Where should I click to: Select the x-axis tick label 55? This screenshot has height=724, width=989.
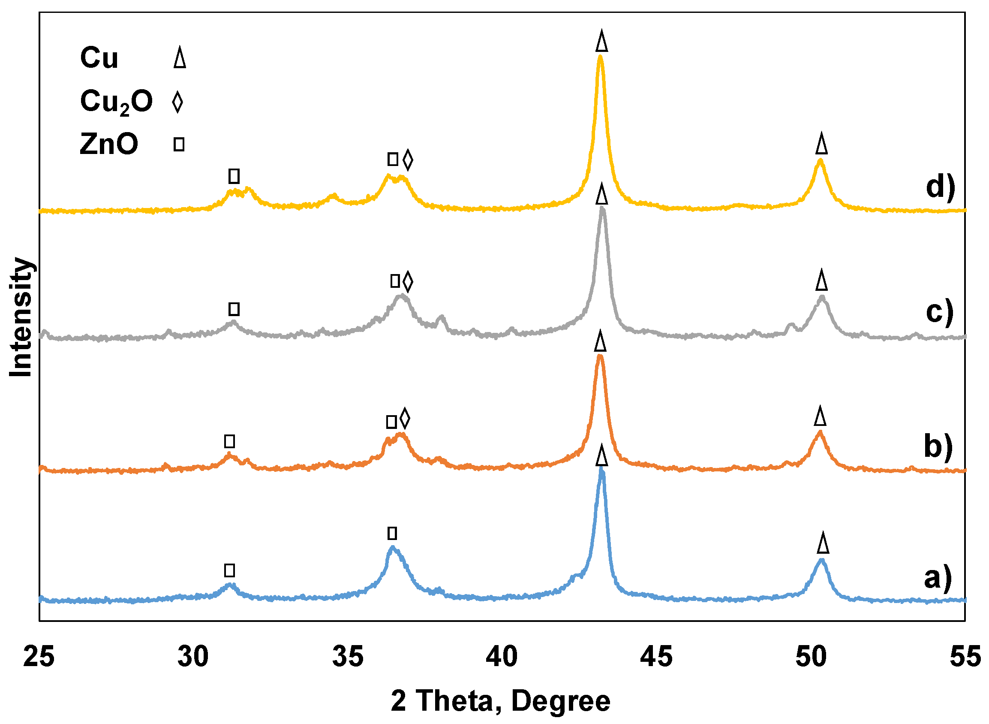point(965,657)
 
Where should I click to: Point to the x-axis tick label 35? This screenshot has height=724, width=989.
point(347,657)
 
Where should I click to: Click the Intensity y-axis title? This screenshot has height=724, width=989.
point(21,317)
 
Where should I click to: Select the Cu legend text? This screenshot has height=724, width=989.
point(99,58)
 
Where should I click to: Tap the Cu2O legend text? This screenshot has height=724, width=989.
point(116,102)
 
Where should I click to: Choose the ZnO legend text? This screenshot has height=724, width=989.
point(109,144)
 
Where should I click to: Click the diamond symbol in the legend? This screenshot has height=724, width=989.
point(177,102)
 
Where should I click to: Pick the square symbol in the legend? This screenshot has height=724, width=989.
point(179,144)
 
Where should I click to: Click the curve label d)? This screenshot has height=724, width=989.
point(940,187)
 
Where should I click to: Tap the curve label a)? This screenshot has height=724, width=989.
point(938,577)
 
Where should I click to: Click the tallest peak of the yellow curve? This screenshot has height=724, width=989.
point(601,57)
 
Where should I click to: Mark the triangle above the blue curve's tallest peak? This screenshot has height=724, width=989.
point(602,455)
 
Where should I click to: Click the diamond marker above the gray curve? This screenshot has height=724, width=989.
point(408,281)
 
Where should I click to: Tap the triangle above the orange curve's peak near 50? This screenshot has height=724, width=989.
point(820,416)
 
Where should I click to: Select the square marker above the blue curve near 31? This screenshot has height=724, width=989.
point(229,570)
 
